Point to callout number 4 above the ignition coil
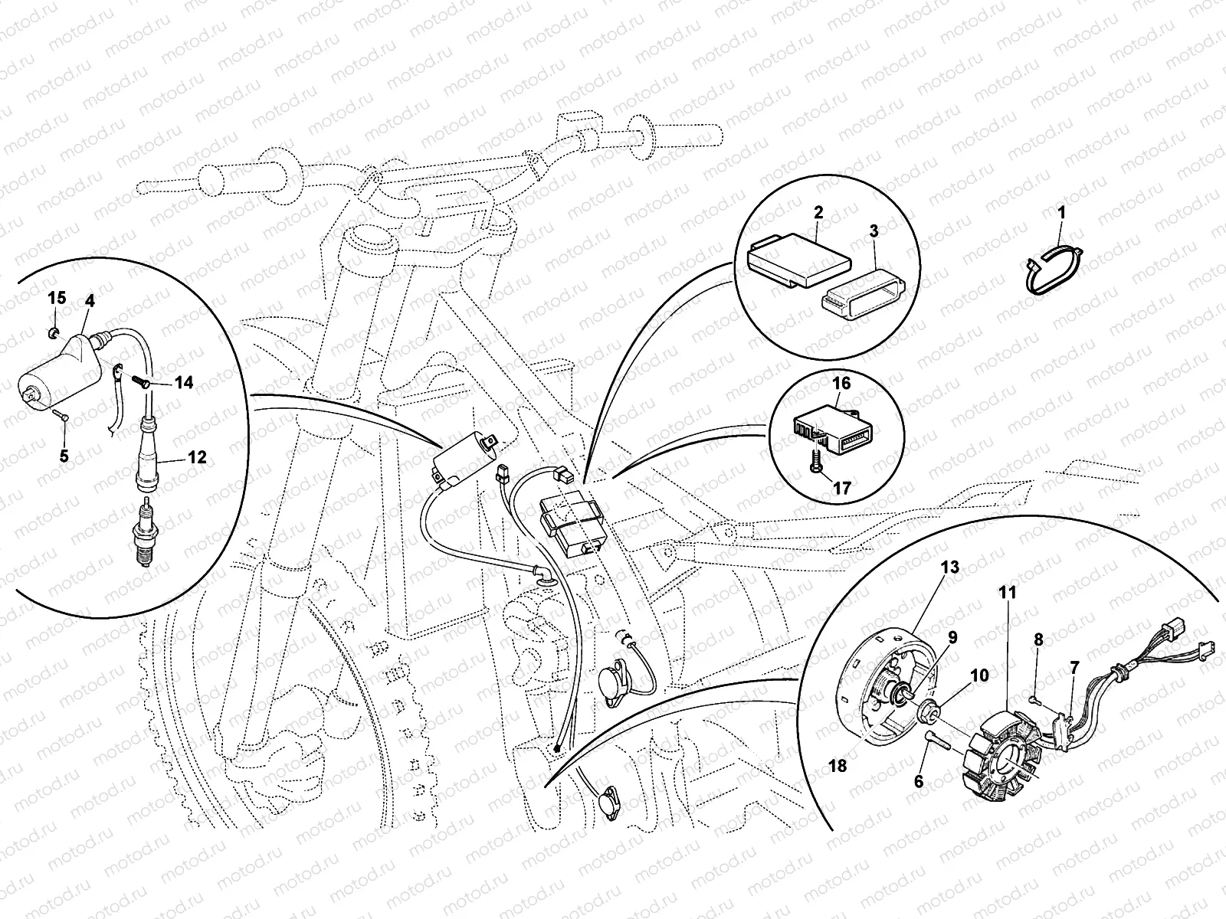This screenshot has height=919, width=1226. [90, 301]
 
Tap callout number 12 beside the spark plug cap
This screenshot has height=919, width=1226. [196, 457]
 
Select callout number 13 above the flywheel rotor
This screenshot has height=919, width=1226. [949, 567]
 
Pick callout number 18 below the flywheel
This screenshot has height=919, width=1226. [838, 765]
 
